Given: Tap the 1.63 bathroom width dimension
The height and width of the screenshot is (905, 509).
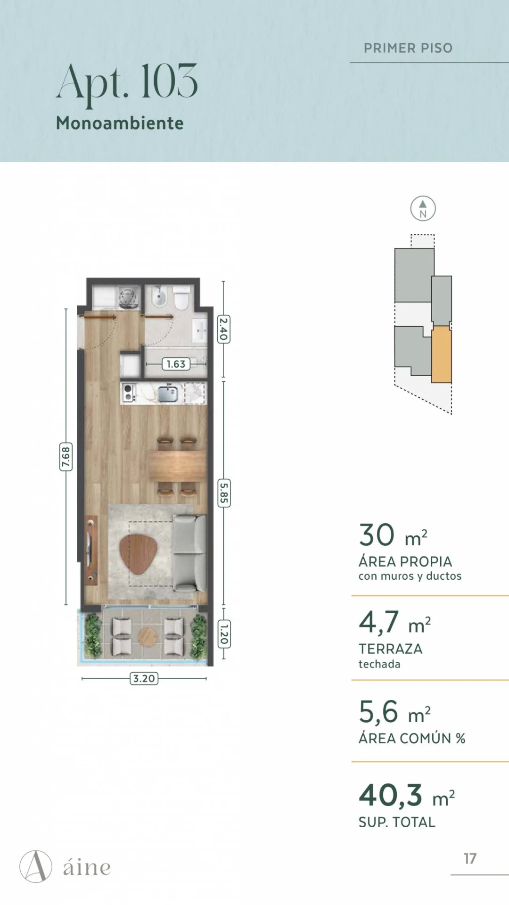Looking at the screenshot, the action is pos(176,364).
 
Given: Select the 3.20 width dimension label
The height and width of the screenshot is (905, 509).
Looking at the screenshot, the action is pos(144,678).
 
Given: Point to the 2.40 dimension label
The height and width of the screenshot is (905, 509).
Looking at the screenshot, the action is pos(223,329).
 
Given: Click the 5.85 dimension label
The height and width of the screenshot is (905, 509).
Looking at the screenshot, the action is pos(223,493).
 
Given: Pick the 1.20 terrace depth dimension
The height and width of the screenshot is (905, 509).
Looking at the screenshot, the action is pos(224,634).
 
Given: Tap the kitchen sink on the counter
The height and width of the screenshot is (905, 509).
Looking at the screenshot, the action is pos(168,394).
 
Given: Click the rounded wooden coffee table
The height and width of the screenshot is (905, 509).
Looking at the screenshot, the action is pos(138,554).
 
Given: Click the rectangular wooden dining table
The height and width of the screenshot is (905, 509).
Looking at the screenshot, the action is pos(178,466).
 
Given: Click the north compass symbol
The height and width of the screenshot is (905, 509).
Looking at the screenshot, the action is pos(423,208).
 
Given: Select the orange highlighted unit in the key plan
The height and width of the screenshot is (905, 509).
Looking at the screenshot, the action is pos(442,354).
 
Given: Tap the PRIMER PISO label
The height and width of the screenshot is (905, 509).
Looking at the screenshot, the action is pos(408,48).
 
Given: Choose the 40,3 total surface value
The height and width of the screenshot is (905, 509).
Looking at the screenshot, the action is pos(391,795).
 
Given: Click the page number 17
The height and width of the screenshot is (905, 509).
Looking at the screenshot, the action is pos(470,858).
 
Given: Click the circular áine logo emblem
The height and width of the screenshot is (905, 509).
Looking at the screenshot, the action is pos(36,866).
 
